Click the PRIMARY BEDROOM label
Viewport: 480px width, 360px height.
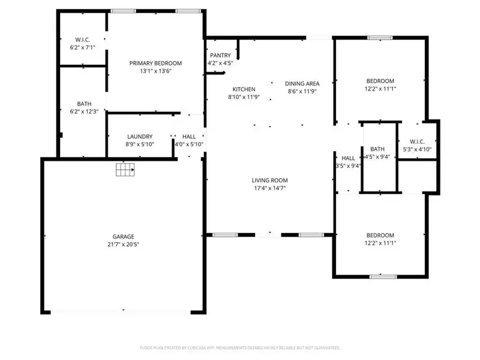156,63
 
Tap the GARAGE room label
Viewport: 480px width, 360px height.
124,236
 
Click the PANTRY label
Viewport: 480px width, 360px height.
220,55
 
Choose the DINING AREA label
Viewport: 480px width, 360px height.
302,83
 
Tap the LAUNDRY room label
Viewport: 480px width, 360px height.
140,136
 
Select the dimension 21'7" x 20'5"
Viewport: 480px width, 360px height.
124,244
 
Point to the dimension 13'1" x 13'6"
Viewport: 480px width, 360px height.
156,71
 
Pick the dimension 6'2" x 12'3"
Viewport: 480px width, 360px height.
84,111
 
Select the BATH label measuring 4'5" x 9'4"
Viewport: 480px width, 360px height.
377,149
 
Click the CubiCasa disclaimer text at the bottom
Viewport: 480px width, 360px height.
239,347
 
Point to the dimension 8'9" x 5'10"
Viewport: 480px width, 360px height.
140,144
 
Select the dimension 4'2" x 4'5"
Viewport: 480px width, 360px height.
220,63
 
